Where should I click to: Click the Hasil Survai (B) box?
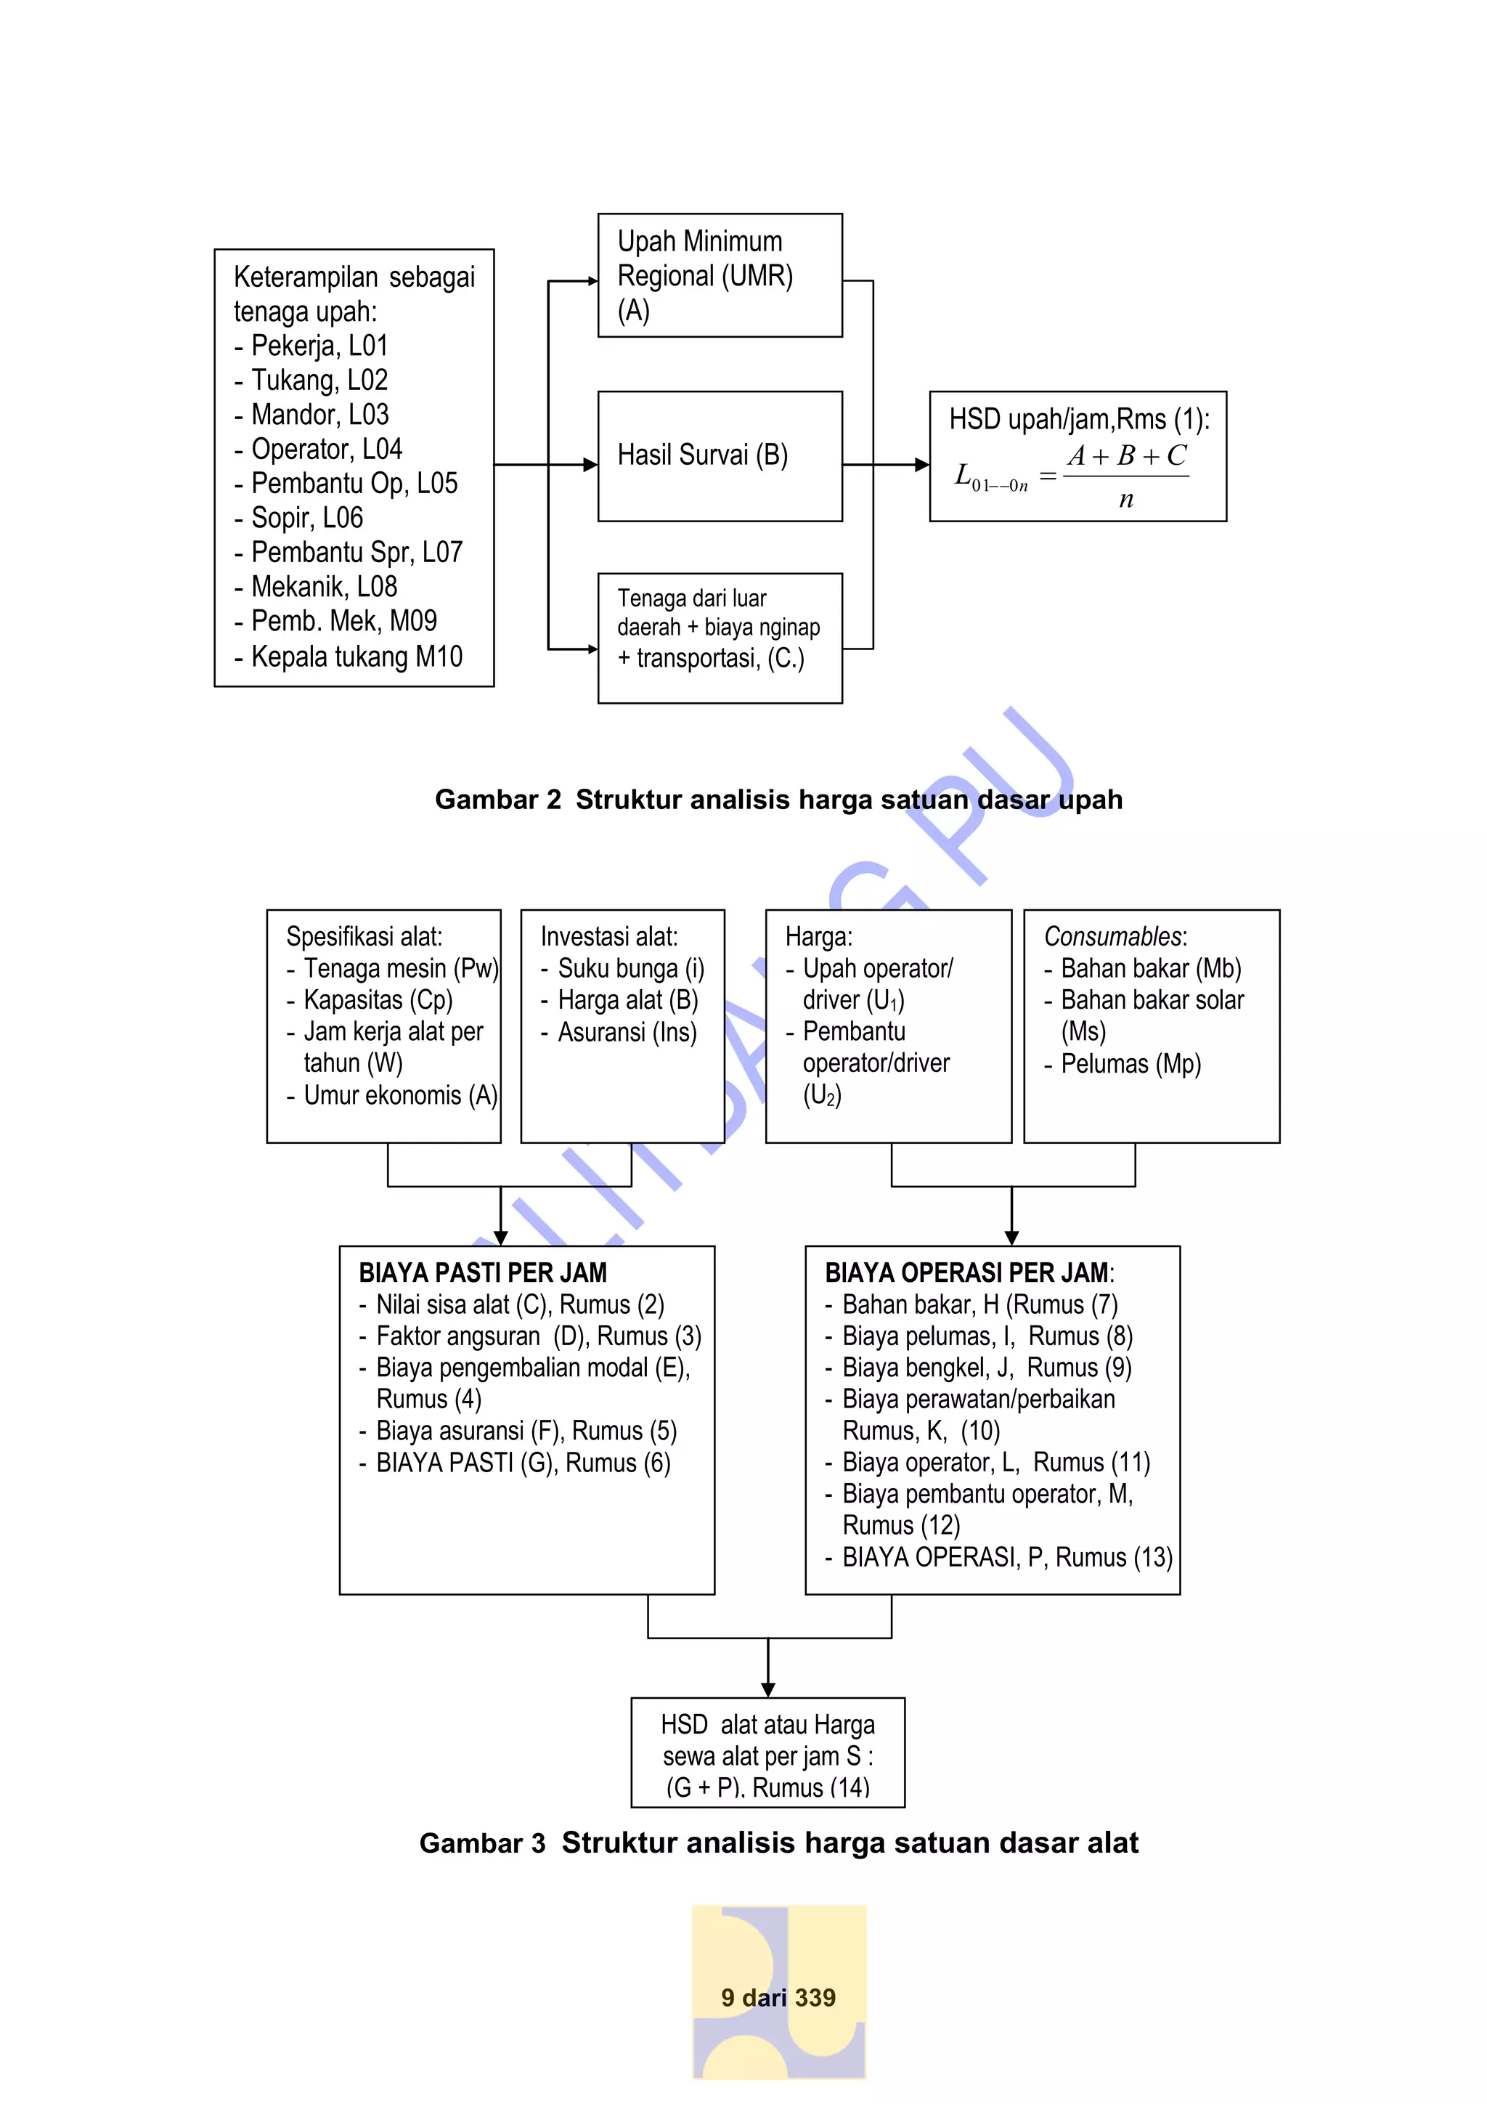[x=720, y=456]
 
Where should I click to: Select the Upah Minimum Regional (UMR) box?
[x=720, y=275]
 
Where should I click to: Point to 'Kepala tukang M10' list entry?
[x=357, y=657]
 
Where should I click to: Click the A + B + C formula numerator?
[x=1126, y=455]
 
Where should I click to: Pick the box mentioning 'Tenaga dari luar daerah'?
[x=720, y=638]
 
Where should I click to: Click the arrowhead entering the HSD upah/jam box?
[x=921, y=466]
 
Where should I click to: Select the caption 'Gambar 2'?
[x=497, y=800]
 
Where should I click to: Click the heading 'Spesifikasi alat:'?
[x=364, y=937]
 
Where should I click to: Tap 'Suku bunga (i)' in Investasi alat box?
[x=630, y=969]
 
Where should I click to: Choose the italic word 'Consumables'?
[x=1113, y=937]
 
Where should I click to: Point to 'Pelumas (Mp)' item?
[x=1130, y=1064]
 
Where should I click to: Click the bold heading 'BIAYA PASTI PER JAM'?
[x=483, y=1273]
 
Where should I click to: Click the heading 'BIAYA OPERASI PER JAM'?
[x=966, y=1273]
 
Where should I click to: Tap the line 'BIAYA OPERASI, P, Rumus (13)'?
[x=1007, y=1557]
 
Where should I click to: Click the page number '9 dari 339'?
[x=778, y=1998]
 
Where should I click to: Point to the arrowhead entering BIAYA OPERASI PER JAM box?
[x=1011, y=1238]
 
